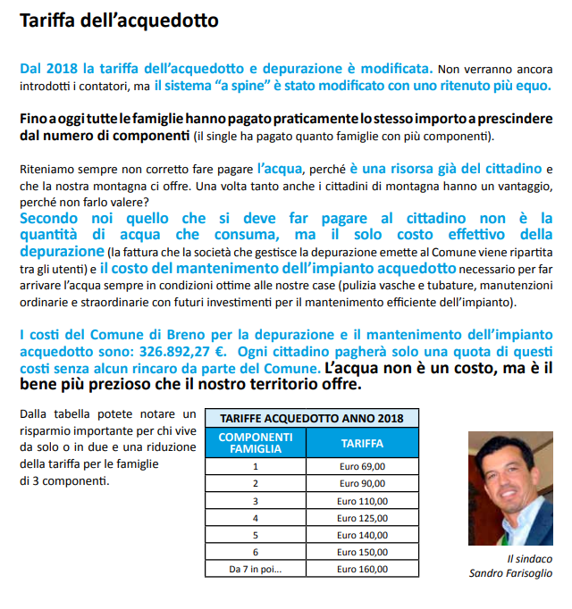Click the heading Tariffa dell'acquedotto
pyautogui.click(x=119, y=19)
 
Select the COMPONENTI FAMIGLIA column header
pyautogui.click(x=256, y=442)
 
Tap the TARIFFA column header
pyautogui.click(x=363, y=442)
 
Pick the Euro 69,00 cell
pyautogui.click(x=363, y=466)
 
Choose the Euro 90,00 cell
pyautogui.click(x=363, y=483)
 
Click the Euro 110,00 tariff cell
pyautogui.click(x=363, y=500)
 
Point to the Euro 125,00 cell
pyautogui.click(x=363, y=517)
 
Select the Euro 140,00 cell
pyautogui.click(x=363, y=534)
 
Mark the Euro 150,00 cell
pyautogui.click(x=363, y=551)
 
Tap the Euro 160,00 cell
pyautogui.click(x=363, y=568)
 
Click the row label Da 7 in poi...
pyautogui.click(x=256, y=568)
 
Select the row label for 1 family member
pyautogui.click(x=256, y=466)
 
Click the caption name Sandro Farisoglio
pyautogui.click(x=510, y=573)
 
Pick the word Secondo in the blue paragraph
pyautogui.click(x=52, y=218)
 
